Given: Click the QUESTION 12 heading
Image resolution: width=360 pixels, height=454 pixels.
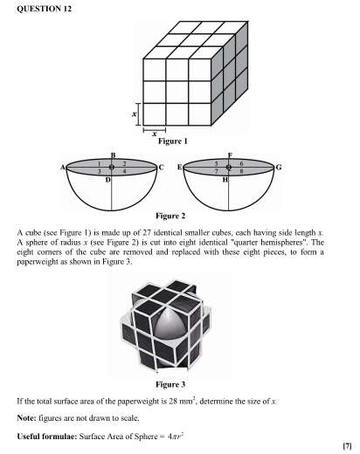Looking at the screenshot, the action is (x=44, y=9).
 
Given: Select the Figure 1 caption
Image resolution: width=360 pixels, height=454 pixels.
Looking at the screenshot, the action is (x=173, y=141).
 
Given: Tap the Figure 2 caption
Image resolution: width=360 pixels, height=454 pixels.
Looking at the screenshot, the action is (x=170, y=216).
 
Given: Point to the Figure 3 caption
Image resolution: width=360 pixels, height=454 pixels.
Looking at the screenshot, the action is (x=170, y=384).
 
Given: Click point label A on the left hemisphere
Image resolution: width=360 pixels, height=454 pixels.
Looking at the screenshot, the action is (x=63, y=168).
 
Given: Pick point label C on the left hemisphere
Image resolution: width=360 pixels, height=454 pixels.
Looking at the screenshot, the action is (x=162, y=168).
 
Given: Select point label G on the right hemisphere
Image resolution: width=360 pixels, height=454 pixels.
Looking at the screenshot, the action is (x=279, y=168).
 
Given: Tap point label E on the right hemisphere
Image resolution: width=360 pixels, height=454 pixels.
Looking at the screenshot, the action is (x=180, y=168).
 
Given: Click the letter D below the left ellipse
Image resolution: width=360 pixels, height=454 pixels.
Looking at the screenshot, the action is (x=107, y=180).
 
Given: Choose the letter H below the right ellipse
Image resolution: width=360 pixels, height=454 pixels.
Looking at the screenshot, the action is (x=225, y=180).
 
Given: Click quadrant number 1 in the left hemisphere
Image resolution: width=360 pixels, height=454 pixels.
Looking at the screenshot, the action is (x=100, y=164).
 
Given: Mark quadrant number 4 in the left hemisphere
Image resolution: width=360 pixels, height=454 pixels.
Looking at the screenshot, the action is (x=125, y=171).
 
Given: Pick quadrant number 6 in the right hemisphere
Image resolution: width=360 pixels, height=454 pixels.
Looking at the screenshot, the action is (x=241, y=164).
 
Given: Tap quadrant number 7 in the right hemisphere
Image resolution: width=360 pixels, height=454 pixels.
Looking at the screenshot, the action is (x=217, y=171).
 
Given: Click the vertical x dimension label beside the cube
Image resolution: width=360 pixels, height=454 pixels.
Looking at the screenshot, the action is (x=135, y=114).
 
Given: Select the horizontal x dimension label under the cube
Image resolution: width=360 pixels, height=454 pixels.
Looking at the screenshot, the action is (x=155, y=134).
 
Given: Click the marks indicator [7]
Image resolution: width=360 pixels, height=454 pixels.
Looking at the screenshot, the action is (x=348, y=446).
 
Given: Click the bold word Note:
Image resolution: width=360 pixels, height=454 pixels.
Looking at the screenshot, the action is (x=27, y=418).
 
